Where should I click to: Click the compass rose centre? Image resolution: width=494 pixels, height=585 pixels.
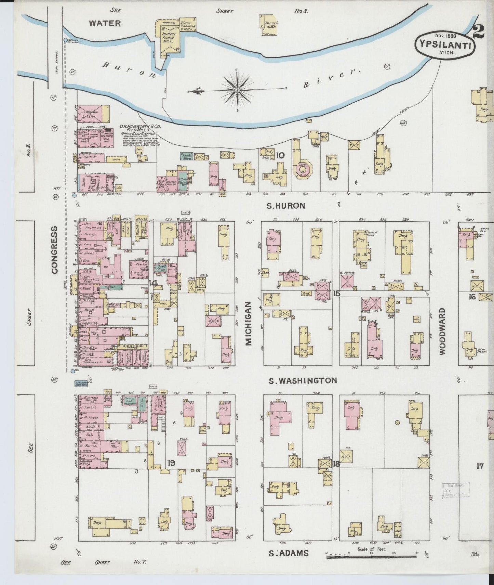point(237,90)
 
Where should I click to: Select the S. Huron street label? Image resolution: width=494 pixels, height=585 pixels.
point(286,206)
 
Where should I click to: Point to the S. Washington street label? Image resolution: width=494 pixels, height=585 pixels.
point(303,380)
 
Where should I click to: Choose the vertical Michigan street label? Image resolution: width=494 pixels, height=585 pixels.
point(249,324)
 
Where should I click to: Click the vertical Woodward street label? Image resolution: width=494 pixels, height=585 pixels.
point(442,331)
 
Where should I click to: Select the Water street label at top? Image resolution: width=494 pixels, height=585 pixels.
point(105,23)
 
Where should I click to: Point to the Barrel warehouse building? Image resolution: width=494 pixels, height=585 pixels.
point(268,25)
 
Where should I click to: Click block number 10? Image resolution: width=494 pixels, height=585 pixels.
point(280,156)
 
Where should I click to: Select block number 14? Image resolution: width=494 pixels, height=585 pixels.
point(153,283)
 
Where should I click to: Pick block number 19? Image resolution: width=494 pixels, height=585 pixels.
point(171,463)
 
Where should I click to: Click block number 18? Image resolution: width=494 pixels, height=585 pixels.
point(336,464)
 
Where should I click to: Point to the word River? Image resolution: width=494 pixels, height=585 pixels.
point(331,78)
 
